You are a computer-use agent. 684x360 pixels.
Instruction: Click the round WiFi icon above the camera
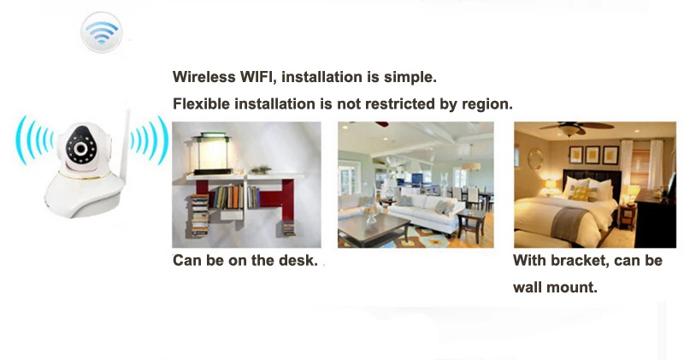[101, 33]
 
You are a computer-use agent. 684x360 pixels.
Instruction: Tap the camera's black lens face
[82, 148]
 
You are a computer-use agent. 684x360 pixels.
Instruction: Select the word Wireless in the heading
[202, 77]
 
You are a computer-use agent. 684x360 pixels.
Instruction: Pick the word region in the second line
[488, 105]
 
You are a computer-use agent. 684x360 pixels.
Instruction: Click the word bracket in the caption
[581, 261]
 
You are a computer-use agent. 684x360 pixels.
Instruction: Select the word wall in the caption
[529, 287]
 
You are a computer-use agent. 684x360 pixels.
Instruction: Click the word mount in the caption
[575, 288]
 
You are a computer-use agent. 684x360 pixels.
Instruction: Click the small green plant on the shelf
[261, 168]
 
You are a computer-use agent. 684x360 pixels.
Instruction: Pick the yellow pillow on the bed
[581, 193]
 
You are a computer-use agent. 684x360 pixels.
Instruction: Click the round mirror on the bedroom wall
[535, 159]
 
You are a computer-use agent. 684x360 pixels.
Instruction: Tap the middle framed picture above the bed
[593, 155]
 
